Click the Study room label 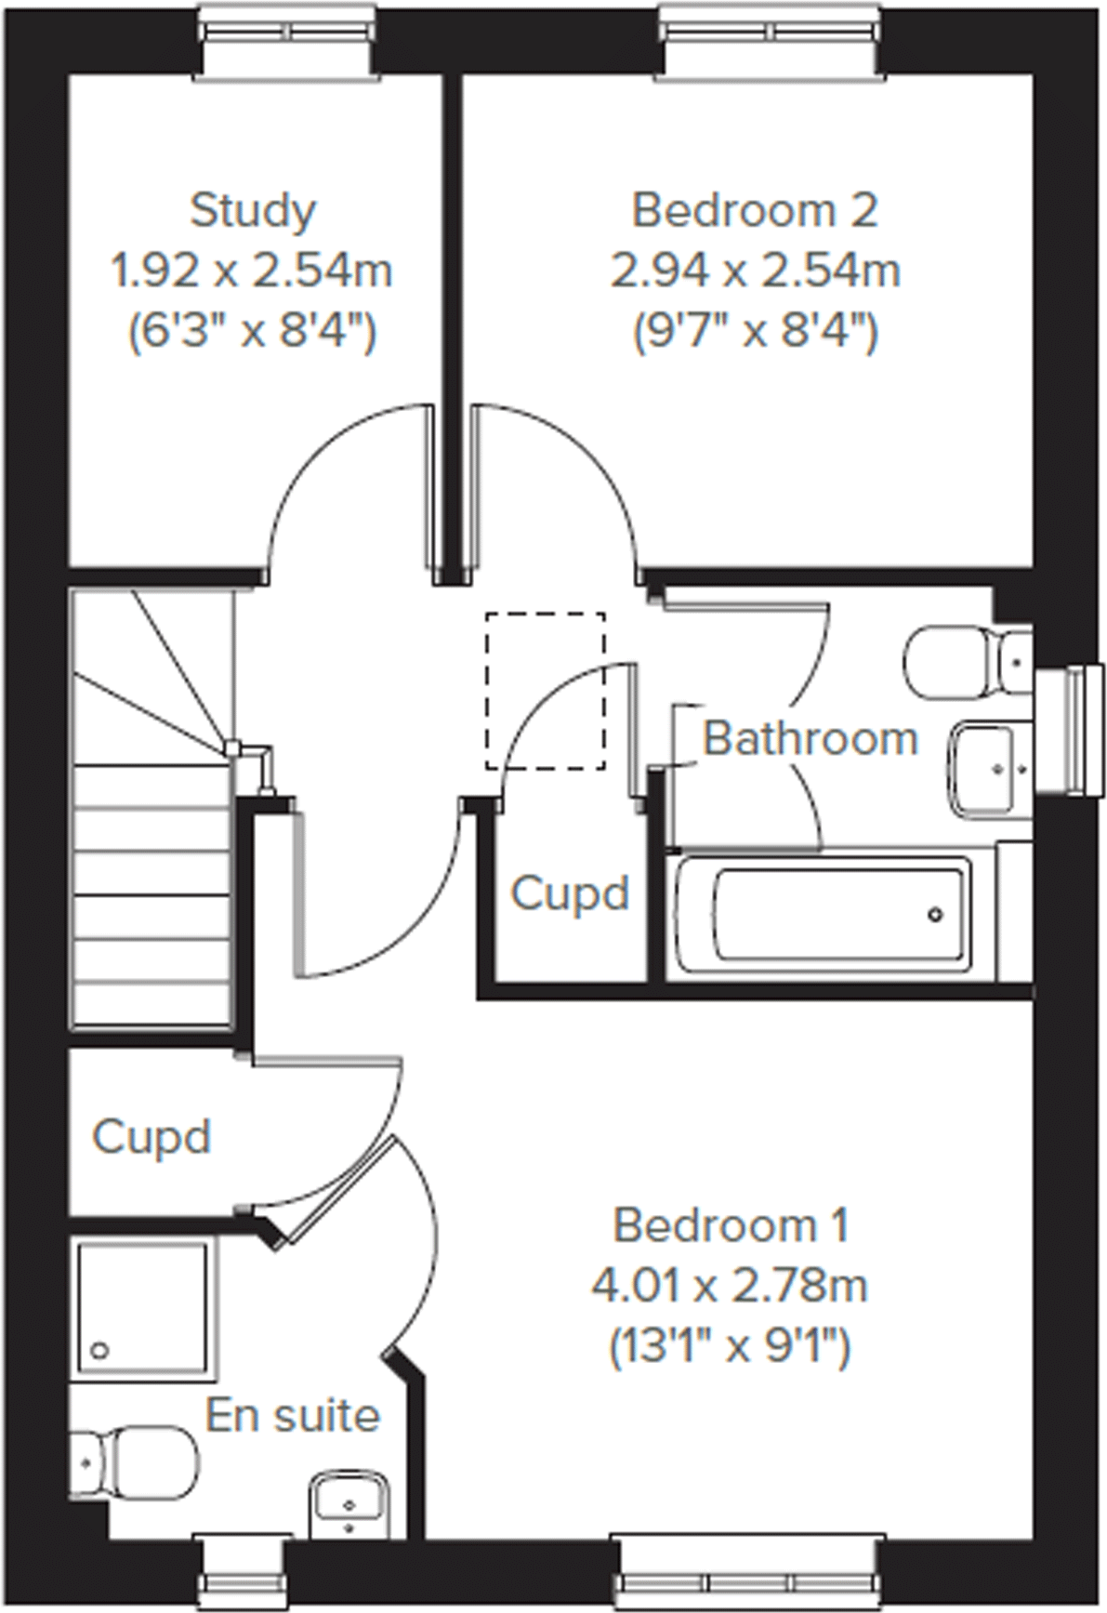[x=253, y=212]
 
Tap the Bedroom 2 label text [x=755, y=211]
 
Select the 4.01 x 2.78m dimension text [x=730, y=1287]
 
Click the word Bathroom [x=810, y=739]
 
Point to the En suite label [x=293, y=1416]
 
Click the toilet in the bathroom [x=962, y=660]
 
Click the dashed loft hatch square [x=545, y=690]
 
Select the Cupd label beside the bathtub [x=570, y=893]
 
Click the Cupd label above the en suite [x=152, y=1137]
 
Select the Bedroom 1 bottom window [x=744, y=1580]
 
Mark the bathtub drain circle [x=935, y=915]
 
